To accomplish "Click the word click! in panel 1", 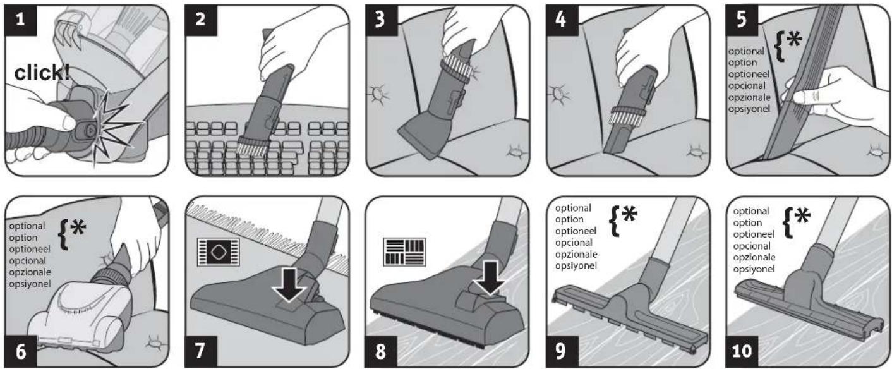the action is click(42, 73).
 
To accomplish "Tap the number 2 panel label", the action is click(201, 20).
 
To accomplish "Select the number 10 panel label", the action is click(742, 351).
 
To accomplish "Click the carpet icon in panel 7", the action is click(218, 252).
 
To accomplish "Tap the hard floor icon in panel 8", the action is click(404, 252).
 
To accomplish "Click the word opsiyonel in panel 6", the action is click(30, 284).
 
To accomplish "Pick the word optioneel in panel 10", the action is click(754, 234).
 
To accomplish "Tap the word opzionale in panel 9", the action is click(576, 254).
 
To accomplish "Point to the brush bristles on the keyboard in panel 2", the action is click(251, 146).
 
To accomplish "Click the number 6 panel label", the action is click(21, 351).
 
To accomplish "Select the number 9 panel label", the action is click(561, 351).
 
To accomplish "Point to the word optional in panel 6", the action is click(27, 226).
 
